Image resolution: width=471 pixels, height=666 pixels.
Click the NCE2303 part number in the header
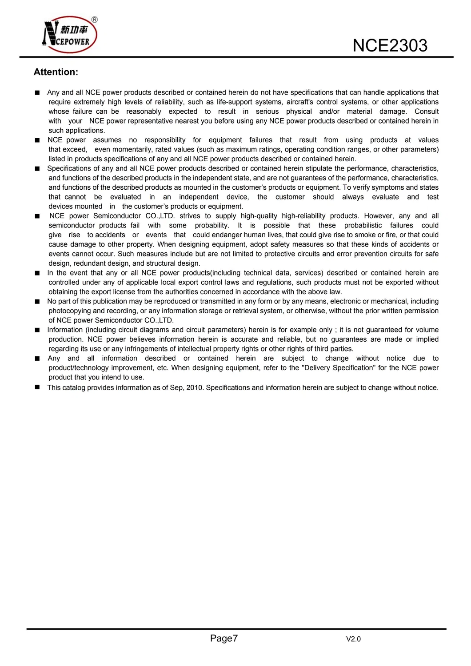coord(390,45)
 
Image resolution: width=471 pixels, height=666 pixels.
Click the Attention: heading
coord(56,72)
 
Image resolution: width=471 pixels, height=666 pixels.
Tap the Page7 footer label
coord(224,638)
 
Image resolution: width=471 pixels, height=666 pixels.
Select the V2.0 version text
coord(353,639)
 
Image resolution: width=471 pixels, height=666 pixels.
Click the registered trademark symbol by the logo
coord(94,20)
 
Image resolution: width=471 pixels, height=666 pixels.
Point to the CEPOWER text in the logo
coord(73,42)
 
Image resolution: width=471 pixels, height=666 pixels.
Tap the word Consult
coord(426,112)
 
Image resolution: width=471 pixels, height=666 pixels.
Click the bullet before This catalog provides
coord(37,387)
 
